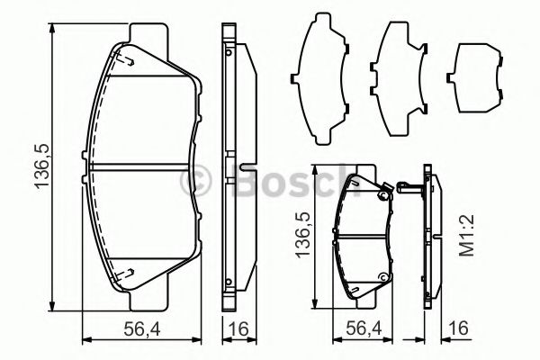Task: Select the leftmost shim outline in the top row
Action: pyautogui.click(x=322, y=78)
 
